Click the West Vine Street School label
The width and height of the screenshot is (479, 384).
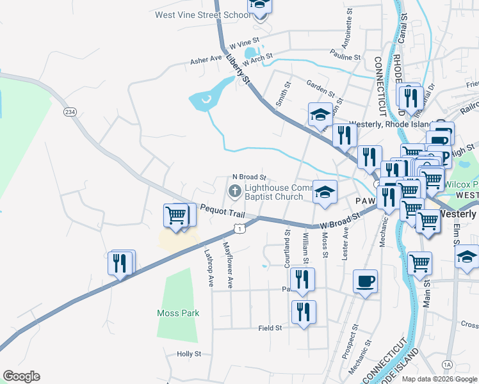(x=202, y=15)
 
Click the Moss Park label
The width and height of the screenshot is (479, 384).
(x=178, y=313)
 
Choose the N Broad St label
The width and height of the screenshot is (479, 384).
(x=248, y=177)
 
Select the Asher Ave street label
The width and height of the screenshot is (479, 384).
(x=206, y=60)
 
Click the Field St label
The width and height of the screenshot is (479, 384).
(x=270, y=328)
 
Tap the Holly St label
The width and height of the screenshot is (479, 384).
(x=189, y=353)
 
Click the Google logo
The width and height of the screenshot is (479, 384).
(x=21, y=376)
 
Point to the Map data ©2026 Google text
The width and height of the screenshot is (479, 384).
(x=439, y=379)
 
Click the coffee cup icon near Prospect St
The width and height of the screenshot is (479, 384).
(x=365, y=281)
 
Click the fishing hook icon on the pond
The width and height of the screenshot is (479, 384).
(x=205, y=99)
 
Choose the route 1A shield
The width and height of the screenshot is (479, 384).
(x=447, y=364)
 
